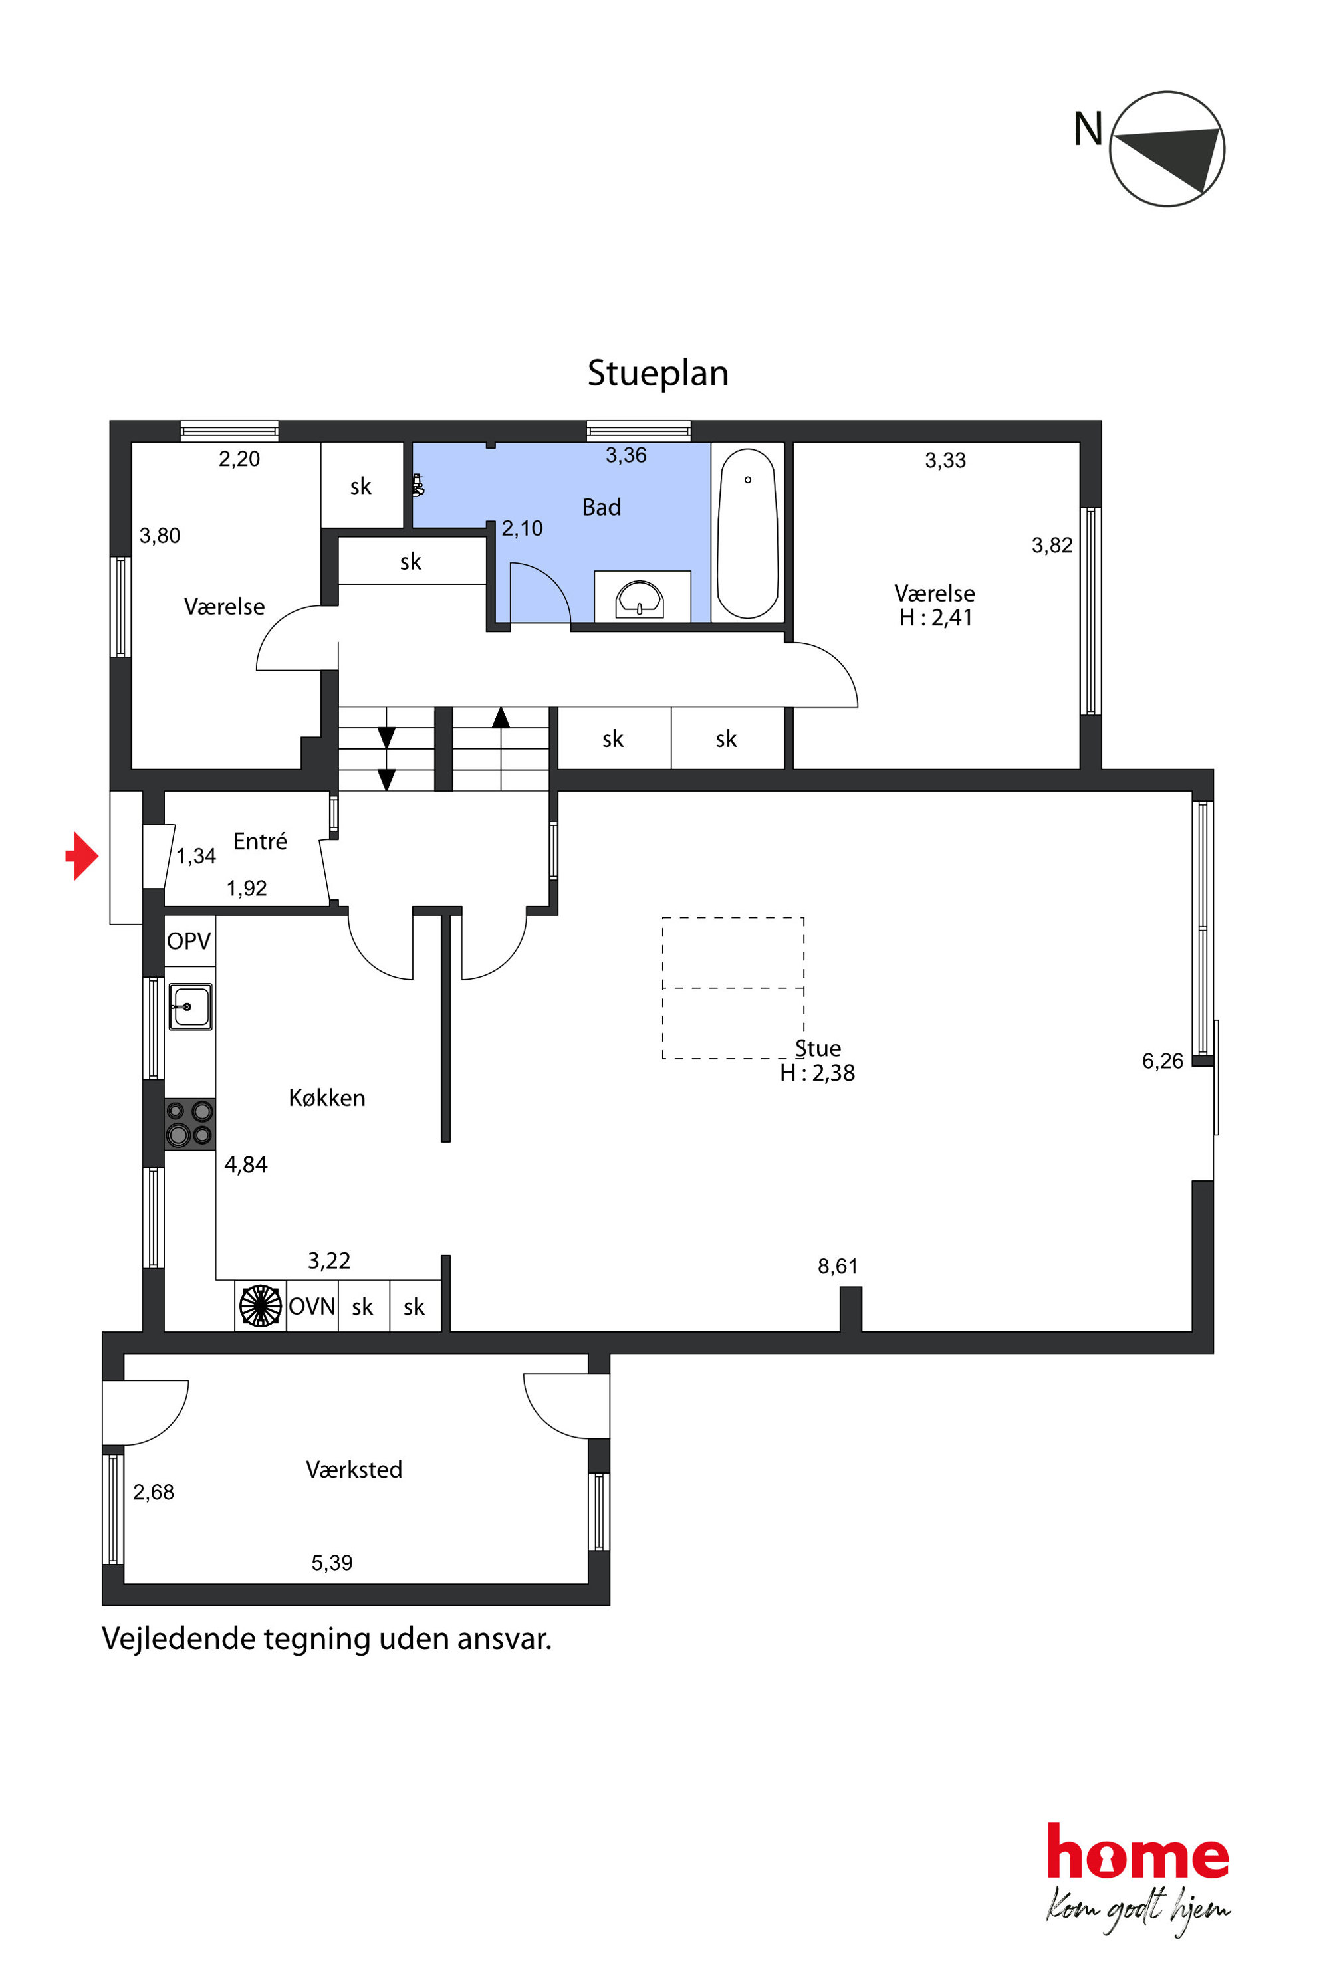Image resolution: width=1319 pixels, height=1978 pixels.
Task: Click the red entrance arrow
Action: (x=82, y=856)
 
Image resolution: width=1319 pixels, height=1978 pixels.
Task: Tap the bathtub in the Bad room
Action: (x=747, y=533)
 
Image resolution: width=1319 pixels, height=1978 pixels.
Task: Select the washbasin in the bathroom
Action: (x=640, y=598)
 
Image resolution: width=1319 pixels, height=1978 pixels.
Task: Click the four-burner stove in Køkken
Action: (x=189, y=1123)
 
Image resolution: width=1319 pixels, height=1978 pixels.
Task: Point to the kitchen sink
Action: (x=191, y=1006)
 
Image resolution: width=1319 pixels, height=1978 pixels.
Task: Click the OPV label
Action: (x=188, y=941)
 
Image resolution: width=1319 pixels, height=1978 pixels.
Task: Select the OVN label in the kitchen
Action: (x=312, y=1306)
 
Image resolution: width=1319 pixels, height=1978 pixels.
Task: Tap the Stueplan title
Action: (x=658, y=373)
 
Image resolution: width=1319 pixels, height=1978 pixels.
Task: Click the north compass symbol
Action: (x=1167, y=149)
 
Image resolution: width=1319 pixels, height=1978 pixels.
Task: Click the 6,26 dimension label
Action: (x=1163, y=1061)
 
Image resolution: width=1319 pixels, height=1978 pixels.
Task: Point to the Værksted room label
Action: (x=354, y=1469)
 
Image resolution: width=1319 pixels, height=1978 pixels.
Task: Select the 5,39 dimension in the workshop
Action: (x=332, y=1563)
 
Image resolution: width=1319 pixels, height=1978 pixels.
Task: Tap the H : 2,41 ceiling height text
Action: (x=935, y=617)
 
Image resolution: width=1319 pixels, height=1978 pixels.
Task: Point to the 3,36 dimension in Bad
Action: (x=626, y=455)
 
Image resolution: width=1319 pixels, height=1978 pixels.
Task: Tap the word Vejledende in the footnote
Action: (x=178, y=1638)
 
